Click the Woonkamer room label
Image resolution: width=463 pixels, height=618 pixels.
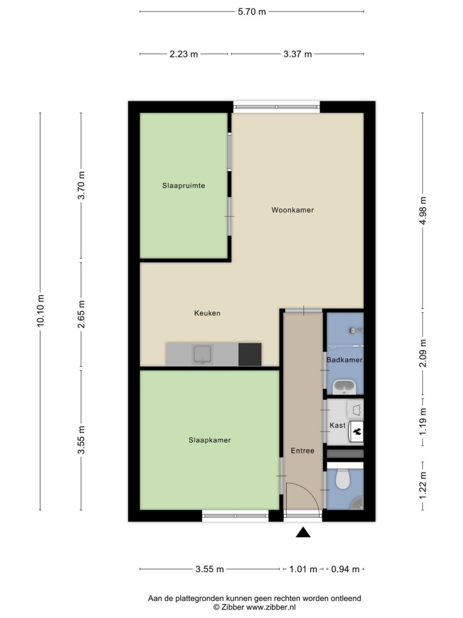click(x=292, y=210)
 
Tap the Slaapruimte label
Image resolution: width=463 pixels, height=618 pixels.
click(x=184, y=185)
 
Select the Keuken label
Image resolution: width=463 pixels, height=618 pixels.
click(x=207, y=314)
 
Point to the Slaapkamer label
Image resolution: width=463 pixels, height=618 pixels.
click(x=209, y=440)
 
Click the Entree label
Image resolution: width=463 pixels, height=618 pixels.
click(x=303, y=450)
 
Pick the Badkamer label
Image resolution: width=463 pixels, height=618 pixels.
click(x=345, y=360)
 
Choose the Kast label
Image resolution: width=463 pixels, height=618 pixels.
click(x=338, y=425)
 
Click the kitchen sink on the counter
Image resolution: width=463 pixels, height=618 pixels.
click(x=203, y=354)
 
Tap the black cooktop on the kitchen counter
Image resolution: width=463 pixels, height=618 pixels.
click(x=250, y=354)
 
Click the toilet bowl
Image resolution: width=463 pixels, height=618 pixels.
click(x=342, y=479)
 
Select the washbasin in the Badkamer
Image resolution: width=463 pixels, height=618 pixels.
click(x=345, y=387)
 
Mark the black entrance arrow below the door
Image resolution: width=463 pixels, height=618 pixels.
click(x=303, y=533)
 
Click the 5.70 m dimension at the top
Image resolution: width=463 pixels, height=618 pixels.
click(x=252, y=12)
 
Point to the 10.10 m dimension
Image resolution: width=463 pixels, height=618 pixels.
click(x=40, y=311)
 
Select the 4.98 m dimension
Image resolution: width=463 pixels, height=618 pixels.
click(x=423, y=211)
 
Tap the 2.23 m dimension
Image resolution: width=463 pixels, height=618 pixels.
click(x=184, y=54)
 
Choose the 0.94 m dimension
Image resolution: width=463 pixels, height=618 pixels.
click(x=345, y=569)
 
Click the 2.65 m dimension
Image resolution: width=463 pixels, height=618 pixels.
click(x=81, y=314)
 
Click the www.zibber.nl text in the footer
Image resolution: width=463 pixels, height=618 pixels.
click(x=271, y=607)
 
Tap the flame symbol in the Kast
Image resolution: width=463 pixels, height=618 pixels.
click(x=357, y=431)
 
